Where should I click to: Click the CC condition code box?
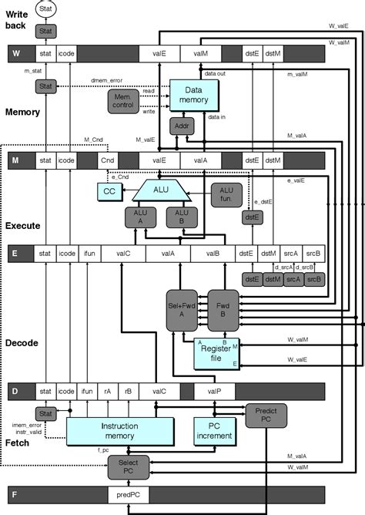coord(109,190)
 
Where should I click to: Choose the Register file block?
coord(216,352)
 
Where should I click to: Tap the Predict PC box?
coord(263,417)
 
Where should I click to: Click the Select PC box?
coord(124,465)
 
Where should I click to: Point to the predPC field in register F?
coord(127,493)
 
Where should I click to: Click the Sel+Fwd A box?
coord(182,311)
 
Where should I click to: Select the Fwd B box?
coord(223,311)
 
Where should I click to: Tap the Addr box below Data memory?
coord(181,126)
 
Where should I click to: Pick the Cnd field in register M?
coord(109,160)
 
